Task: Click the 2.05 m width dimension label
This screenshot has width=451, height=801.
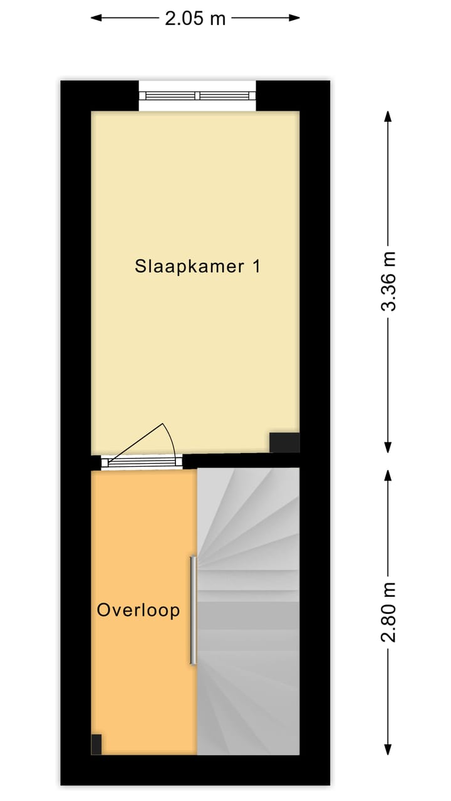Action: [195, 18]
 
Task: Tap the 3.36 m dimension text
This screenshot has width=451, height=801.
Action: [389, 281]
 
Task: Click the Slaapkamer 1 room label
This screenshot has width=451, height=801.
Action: [197, 267]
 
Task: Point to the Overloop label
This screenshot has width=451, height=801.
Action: [138, 610]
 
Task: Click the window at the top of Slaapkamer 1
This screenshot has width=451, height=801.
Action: [197, 96]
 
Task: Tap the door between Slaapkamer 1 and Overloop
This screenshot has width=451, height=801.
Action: [142, 462]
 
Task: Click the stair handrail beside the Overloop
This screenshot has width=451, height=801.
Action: [194, 610]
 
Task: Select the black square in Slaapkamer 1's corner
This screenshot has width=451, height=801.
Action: [284, 442]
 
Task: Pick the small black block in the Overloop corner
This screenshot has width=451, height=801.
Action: [96, 744]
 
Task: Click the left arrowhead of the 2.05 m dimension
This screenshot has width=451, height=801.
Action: [95, 18]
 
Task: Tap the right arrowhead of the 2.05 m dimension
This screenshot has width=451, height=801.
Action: [296, 18]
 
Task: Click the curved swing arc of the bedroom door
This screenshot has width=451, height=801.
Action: [170, 438]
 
